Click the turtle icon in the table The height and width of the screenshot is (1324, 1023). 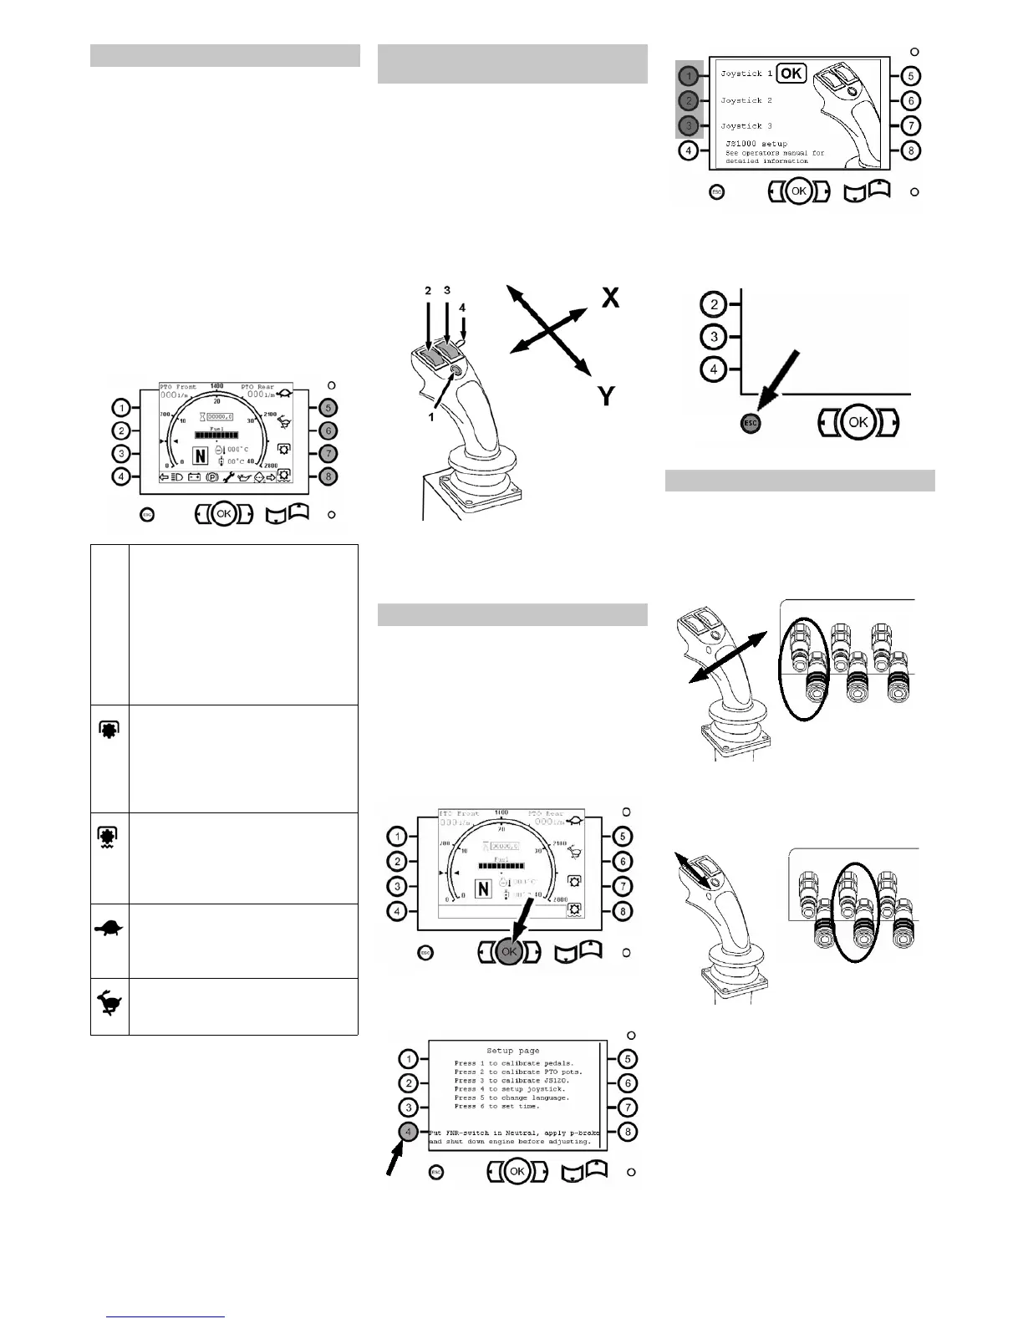[x=109, y=928]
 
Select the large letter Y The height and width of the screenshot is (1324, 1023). [x=608, y=395]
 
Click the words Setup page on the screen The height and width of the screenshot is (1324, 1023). [x=513, y=1051]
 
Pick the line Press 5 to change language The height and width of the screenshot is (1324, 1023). [x=511, y=1097]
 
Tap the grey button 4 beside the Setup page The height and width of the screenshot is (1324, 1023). [x=408, y=1132]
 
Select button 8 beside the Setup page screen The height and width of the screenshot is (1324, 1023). [x=627, y=1133]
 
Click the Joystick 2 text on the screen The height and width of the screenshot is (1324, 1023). [x=746, y=100]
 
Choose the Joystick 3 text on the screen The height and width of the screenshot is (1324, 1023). [x=746, y=126]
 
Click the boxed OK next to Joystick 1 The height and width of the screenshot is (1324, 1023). [x=791, y=74]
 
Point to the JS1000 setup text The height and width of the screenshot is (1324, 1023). [x=756, y=145]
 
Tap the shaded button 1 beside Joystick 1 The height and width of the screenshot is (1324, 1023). [x=688, y=75]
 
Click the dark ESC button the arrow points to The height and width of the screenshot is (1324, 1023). [x=751, y=423]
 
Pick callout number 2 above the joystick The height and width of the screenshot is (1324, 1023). [x=428, y=291]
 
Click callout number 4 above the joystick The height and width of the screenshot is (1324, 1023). [x=462, y=308]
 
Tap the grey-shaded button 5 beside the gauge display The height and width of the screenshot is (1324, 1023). [x=328, y=409]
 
